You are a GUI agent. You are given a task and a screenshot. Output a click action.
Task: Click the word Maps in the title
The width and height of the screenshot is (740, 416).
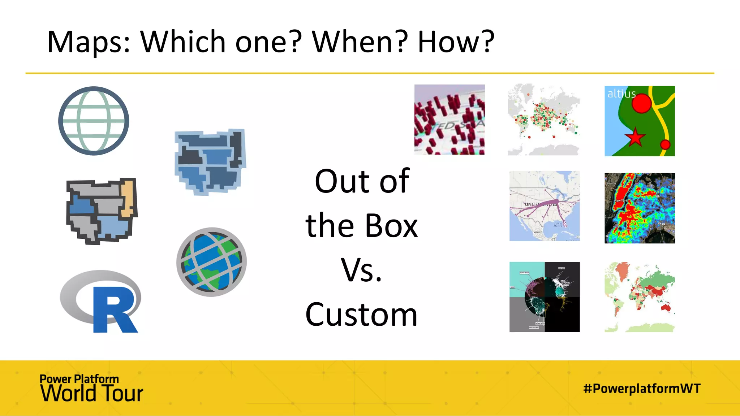(x=88, y=42)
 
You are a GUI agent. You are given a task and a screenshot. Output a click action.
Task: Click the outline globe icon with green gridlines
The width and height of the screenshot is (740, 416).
(x=94, y=121)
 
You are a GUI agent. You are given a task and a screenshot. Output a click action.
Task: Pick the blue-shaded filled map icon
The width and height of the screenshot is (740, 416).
(x=210, y=161)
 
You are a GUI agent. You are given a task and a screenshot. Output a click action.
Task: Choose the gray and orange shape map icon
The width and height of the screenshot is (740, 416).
(x=102, y=211)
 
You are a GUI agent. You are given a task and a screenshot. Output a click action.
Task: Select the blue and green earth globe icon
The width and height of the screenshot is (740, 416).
(x=211, y=262)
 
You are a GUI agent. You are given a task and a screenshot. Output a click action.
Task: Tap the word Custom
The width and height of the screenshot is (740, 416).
(x=361, y=315)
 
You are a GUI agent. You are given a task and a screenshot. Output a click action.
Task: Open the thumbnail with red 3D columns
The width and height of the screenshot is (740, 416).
(x=449, y=120)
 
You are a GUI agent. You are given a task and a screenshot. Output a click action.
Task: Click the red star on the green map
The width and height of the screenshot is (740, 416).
(x=634, y=137)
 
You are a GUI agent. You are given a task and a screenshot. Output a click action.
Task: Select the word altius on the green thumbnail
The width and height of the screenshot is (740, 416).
(x=621, y=94)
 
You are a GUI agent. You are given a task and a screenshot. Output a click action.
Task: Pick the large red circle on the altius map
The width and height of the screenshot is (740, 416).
(x=641, y=103)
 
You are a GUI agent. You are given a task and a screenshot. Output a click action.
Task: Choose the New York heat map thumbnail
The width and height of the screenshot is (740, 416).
(x=639, y=208)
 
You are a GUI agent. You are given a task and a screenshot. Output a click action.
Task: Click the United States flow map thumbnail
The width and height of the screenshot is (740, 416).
(x=544, y=206)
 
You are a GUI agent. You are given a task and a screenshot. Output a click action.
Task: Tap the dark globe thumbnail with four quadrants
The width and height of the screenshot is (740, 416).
(x=544, y=297)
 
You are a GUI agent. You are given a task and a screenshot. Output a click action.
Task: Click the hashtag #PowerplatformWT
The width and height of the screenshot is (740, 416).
(x=642, y=389)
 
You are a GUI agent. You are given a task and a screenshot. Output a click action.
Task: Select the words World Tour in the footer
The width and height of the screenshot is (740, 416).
(x=92, y=393)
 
